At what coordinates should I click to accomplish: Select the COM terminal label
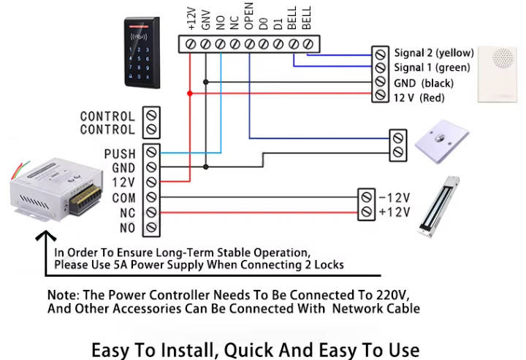(122, 198)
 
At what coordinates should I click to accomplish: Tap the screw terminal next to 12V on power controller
(152, 183)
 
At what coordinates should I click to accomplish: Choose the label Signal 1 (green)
(431, 68)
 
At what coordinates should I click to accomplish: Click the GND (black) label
(423, 83)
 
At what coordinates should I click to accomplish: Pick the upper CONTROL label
(107, 116)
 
